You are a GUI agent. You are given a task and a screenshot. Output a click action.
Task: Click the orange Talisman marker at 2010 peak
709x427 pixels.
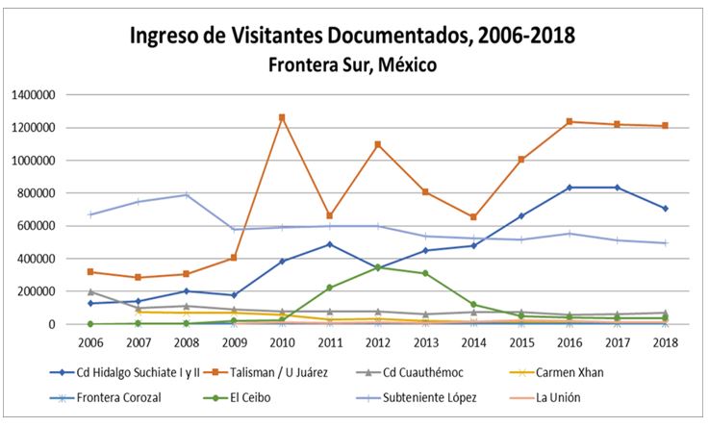281,118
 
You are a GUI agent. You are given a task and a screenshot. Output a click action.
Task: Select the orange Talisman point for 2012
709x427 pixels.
378,144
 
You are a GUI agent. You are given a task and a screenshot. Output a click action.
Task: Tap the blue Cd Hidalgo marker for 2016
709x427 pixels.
569,188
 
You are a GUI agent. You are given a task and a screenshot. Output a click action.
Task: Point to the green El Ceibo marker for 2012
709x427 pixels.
378,266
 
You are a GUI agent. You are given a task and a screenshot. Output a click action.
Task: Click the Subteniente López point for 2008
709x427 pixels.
187,195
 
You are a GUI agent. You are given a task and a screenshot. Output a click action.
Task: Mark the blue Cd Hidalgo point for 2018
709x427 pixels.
665,209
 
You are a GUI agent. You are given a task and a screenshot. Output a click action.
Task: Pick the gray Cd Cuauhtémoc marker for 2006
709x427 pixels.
90,291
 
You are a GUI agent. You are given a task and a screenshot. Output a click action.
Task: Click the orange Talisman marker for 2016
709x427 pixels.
569,121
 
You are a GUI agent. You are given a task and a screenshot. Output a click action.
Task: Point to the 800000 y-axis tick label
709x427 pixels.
40,193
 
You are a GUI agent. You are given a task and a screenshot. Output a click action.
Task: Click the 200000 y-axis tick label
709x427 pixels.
40,291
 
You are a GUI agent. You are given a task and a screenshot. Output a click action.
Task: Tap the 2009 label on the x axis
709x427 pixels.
234,342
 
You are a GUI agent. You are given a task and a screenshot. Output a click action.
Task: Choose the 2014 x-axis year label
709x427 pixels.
472,342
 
